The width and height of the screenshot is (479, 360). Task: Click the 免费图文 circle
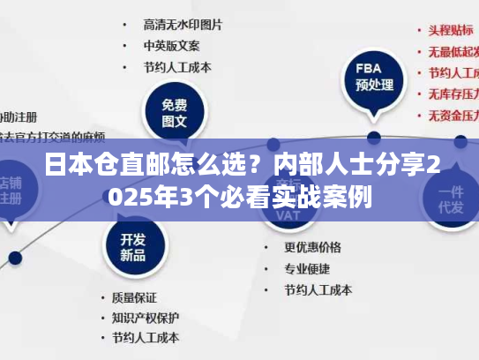pyautogui.click(x=175, y=112)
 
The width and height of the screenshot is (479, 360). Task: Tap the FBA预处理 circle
pyautogui.click(x=373, y=78)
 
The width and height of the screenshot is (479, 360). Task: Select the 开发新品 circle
pyautogui.click(x=132, y=246)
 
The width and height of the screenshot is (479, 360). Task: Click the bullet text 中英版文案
pyautogui.click(x=171, y=45)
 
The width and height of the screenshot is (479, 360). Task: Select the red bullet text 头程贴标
pyautogui.click(x=451, y=30)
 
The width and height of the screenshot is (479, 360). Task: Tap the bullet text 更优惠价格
pyautogui.click(x=312, y=247)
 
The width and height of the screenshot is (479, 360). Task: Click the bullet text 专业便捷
pyautogui.click(x=307, y=268)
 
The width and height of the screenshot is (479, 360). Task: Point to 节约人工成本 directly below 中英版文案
pyautogui.click(x=177, y=67)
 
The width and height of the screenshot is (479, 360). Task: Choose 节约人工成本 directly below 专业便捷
pyautogui.click(x=318, y=289)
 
